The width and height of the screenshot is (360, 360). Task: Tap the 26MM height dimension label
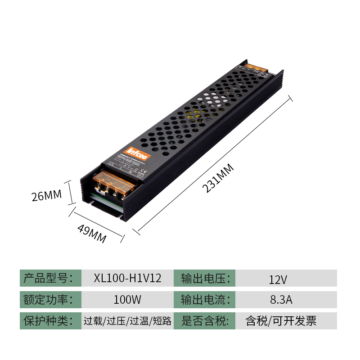click(x=46, y=196)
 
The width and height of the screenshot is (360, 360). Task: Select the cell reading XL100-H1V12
click(x=127, y=278)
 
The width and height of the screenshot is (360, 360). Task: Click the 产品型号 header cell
click(x=50, y=278)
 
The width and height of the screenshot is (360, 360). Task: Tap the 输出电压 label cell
click(x=206, y=278)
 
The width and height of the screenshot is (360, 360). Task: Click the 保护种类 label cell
click(x=50, y=321)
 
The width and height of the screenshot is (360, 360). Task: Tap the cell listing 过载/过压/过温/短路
click(x=127, y=321)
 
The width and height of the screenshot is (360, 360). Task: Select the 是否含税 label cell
click(x=206, y=321)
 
